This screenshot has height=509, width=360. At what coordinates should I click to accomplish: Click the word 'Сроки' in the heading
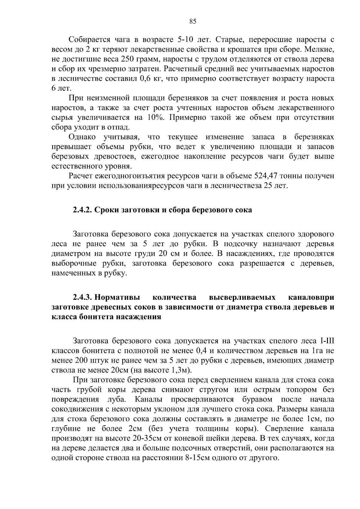point(106,210)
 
